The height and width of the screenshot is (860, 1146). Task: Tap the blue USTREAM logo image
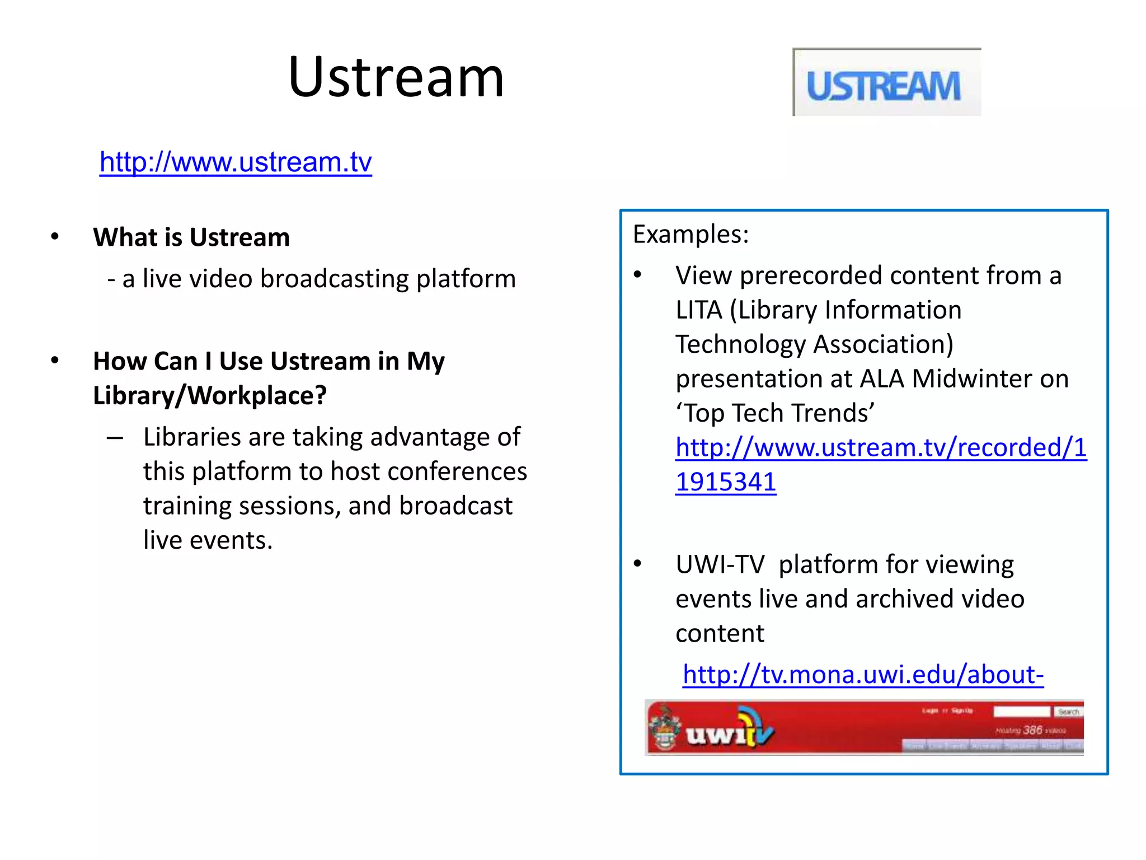click(x=886, y=83)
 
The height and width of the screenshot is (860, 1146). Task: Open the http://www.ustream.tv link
click(x=236, y=162)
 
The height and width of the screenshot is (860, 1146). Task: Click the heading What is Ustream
click(x=191, y=237)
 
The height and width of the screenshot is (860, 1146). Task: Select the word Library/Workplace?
click(x=210, y=396)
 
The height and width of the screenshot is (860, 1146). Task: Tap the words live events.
click(x=208, y=540)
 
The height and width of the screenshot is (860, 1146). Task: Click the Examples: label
click(x=691, y=235)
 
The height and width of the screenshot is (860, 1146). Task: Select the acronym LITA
click(x=698, y=310)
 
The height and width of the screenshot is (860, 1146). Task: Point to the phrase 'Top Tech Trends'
click(x=775, y=413)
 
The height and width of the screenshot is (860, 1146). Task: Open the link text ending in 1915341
click(x=726, y=482)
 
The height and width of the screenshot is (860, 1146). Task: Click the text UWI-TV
click(x=720, y=564)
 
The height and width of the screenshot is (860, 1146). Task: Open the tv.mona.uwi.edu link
click(x=863, y=675)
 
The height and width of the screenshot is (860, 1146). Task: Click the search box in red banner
click(x=1022, y=712)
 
